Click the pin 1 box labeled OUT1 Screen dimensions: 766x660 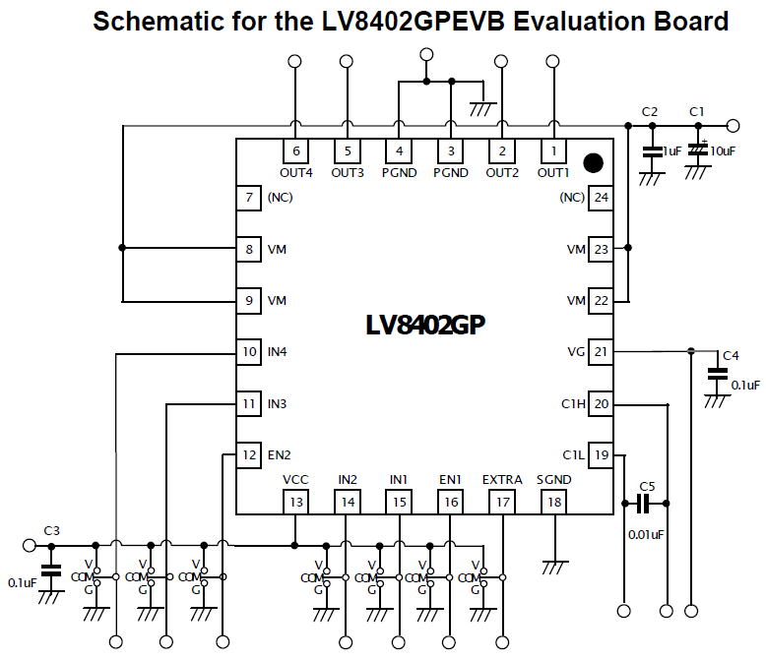553,150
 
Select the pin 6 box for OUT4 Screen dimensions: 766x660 296,150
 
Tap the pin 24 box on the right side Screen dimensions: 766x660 601,198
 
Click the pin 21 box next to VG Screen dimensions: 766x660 601,351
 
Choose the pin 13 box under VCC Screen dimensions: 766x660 296,502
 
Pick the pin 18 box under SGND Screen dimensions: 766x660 554,502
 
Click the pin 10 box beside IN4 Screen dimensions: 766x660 249,351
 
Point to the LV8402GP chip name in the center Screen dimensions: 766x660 425,325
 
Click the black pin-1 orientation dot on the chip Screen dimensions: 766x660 593,163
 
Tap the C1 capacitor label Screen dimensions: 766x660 697,112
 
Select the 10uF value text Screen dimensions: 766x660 723,151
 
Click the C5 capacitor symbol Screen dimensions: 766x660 645,504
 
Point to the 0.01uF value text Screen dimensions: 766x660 646,534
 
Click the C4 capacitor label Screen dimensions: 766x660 731,356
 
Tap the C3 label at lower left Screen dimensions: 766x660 52,530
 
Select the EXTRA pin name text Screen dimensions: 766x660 502,480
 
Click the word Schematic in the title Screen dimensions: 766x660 157,21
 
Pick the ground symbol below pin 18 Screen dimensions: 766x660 555,568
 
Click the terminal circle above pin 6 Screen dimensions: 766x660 294,61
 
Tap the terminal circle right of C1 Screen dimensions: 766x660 733,126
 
